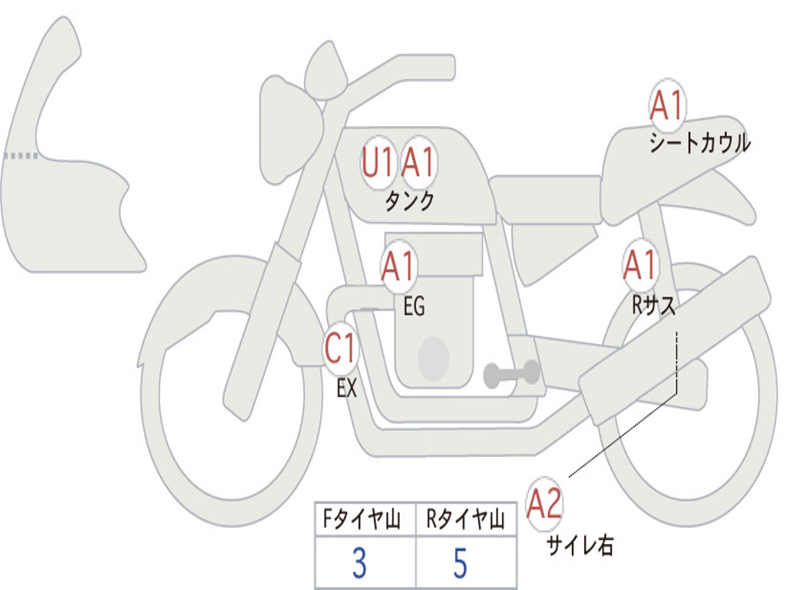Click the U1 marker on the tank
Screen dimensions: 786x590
(378, 163)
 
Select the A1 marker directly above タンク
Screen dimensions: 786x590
(418, 163)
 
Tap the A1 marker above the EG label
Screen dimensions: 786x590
(398, 266)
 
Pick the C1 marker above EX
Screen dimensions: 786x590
(341, 348)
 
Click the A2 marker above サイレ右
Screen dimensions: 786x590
(544, 503)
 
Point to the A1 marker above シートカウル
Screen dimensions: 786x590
(667, 105)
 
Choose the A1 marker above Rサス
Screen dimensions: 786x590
(641, 264)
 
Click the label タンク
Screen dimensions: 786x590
(409, 201)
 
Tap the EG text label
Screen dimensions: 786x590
(414, 306)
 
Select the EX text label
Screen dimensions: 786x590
(347, 388)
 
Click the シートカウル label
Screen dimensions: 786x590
(700, 143)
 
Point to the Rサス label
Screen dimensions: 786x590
(654, 304)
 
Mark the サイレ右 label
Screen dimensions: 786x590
(580, 545)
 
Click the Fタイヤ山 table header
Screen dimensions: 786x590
(362, 519)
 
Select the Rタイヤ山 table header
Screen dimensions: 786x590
(465, 519)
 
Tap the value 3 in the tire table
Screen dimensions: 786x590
(359, 563)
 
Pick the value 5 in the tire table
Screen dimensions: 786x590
(461, 563)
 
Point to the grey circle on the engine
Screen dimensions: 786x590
(434, 359)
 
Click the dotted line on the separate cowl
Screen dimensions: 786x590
(21, 156)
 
